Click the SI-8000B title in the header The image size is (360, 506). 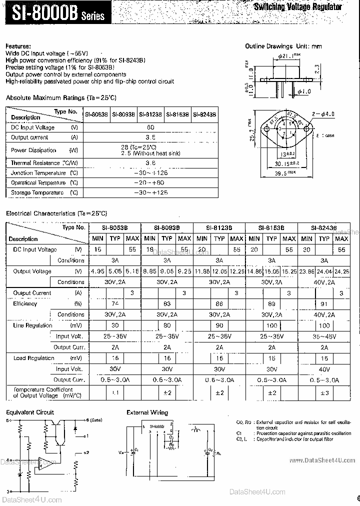pyautogui.click(x=55, y=13)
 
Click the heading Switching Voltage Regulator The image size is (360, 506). pyautogui.click(x=298, y=7)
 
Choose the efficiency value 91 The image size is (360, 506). pyautogui.click(x=324, y=303)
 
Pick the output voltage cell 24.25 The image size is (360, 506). pyautogui.click(x=342, y=271)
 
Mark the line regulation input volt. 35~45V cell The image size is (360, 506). pyautogui.click(x=324, y=336)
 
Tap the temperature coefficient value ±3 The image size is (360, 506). pyautogui.click(x=324, y=392)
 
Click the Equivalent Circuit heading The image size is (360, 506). pyautogui.click(x=30, y=412)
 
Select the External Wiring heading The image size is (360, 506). pyautogui.click(x=147, y=412)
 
